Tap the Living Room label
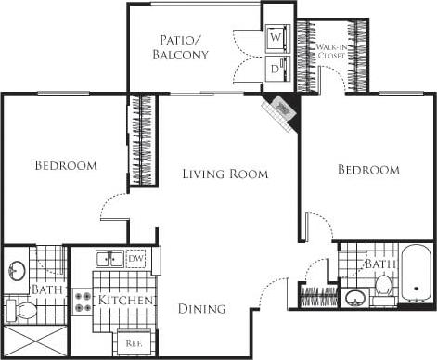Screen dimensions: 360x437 225,174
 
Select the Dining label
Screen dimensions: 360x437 202,310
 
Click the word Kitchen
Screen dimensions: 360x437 126,301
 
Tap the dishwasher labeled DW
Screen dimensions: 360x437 135,259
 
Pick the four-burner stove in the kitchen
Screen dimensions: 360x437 84,301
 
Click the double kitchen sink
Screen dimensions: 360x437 110,259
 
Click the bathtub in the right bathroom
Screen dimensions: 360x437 416,275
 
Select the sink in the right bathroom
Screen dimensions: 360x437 353,299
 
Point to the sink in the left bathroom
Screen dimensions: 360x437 17,270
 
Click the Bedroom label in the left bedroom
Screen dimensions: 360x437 66,166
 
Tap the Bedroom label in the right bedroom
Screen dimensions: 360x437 368,170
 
